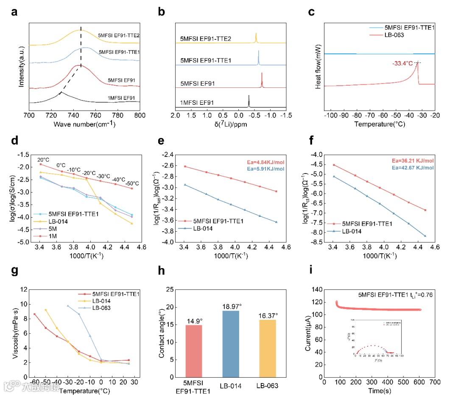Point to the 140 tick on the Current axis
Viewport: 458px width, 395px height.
[x=317, y=289]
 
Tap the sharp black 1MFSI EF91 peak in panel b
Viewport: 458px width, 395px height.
[x=249, y=101]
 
